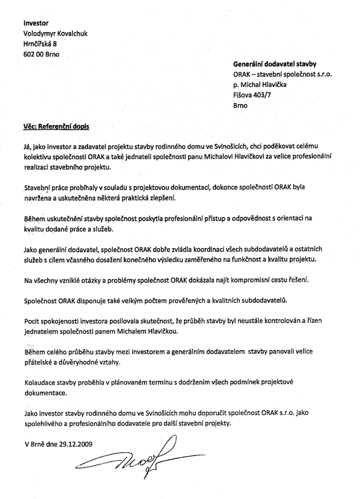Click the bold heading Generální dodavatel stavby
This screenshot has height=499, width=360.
[x=275, y=64]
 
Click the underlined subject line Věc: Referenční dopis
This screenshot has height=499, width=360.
[x=56, y=126]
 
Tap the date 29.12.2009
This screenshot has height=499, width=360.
[x=75, y=443]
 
